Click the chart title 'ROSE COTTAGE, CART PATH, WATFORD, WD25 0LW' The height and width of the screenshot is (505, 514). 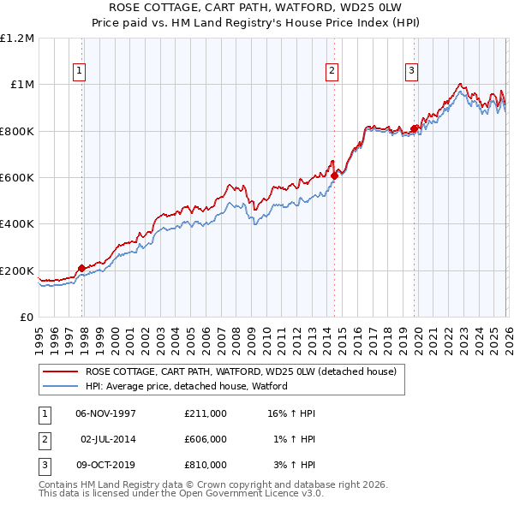coord(257,9)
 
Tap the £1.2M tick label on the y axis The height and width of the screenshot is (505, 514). coord(17,39)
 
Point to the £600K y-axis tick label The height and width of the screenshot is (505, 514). coord(17,178)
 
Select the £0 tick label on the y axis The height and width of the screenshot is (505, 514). coord(26,318)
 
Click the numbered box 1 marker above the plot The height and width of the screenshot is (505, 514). coord(79,71)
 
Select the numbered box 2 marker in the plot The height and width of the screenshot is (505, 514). coord(332,71)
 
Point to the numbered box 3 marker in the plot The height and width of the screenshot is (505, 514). coord(411,71)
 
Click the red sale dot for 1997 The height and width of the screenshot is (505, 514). coord(82,268)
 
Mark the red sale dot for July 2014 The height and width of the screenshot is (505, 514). coord(334,176)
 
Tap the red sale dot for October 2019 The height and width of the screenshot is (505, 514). coord(414,129)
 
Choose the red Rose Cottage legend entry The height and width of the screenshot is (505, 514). coord(240,372)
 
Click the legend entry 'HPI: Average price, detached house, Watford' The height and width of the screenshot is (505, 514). coord(186,386)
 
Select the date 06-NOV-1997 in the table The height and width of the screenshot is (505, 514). coord(106,413)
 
